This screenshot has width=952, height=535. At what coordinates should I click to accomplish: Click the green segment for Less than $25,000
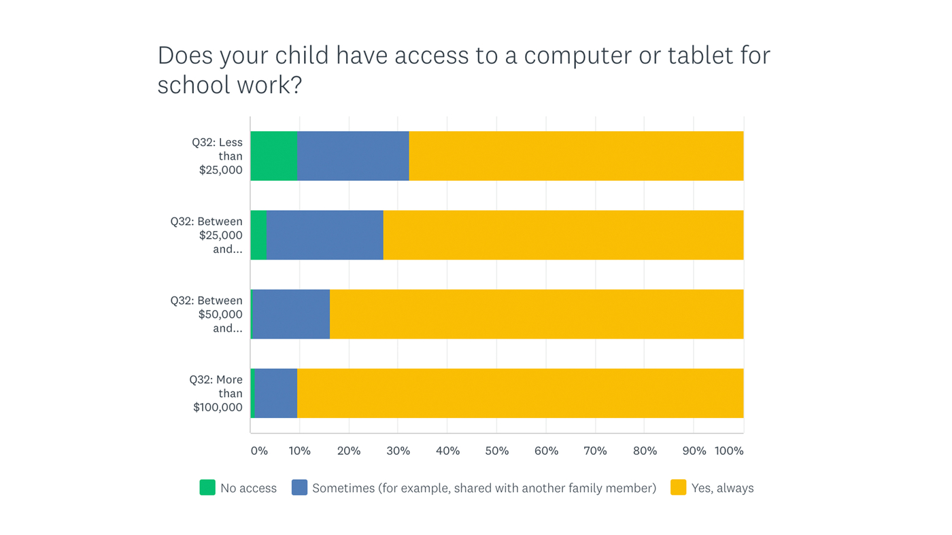(x=274, y=156)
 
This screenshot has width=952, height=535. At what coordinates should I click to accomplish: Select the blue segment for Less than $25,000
(x=353, y=156)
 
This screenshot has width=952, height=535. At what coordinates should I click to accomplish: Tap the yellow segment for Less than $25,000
(x=576, y=156)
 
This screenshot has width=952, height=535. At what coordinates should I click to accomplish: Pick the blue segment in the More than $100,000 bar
(x=276, y=393)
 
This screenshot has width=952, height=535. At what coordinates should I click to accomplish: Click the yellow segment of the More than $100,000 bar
(x=520, y=393)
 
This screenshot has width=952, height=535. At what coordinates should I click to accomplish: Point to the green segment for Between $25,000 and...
(x=258, y=235)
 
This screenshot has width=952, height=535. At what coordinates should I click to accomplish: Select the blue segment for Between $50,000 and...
(x=291, y=314)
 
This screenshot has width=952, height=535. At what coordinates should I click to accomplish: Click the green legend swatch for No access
(x=207, y=487)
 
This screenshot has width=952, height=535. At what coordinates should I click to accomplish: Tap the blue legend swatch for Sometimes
(x=299, y=487)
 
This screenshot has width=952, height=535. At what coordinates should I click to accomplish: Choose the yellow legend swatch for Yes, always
(x=678, y=487)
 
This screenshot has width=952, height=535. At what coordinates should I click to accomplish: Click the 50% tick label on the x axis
(x=497, y=451)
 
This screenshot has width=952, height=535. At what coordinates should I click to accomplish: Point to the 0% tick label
(x=259, y=451)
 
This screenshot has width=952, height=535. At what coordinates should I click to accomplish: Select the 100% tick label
(x=729, y=451)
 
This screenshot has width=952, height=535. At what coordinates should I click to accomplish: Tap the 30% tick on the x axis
(x=398, y=451)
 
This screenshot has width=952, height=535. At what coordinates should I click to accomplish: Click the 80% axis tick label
(x=645, y=451)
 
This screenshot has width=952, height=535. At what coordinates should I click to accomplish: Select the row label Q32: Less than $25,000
(x=219, y=156)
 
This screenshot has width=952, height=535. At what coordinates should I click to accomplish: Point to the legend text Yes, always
(x=722, y=488)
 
